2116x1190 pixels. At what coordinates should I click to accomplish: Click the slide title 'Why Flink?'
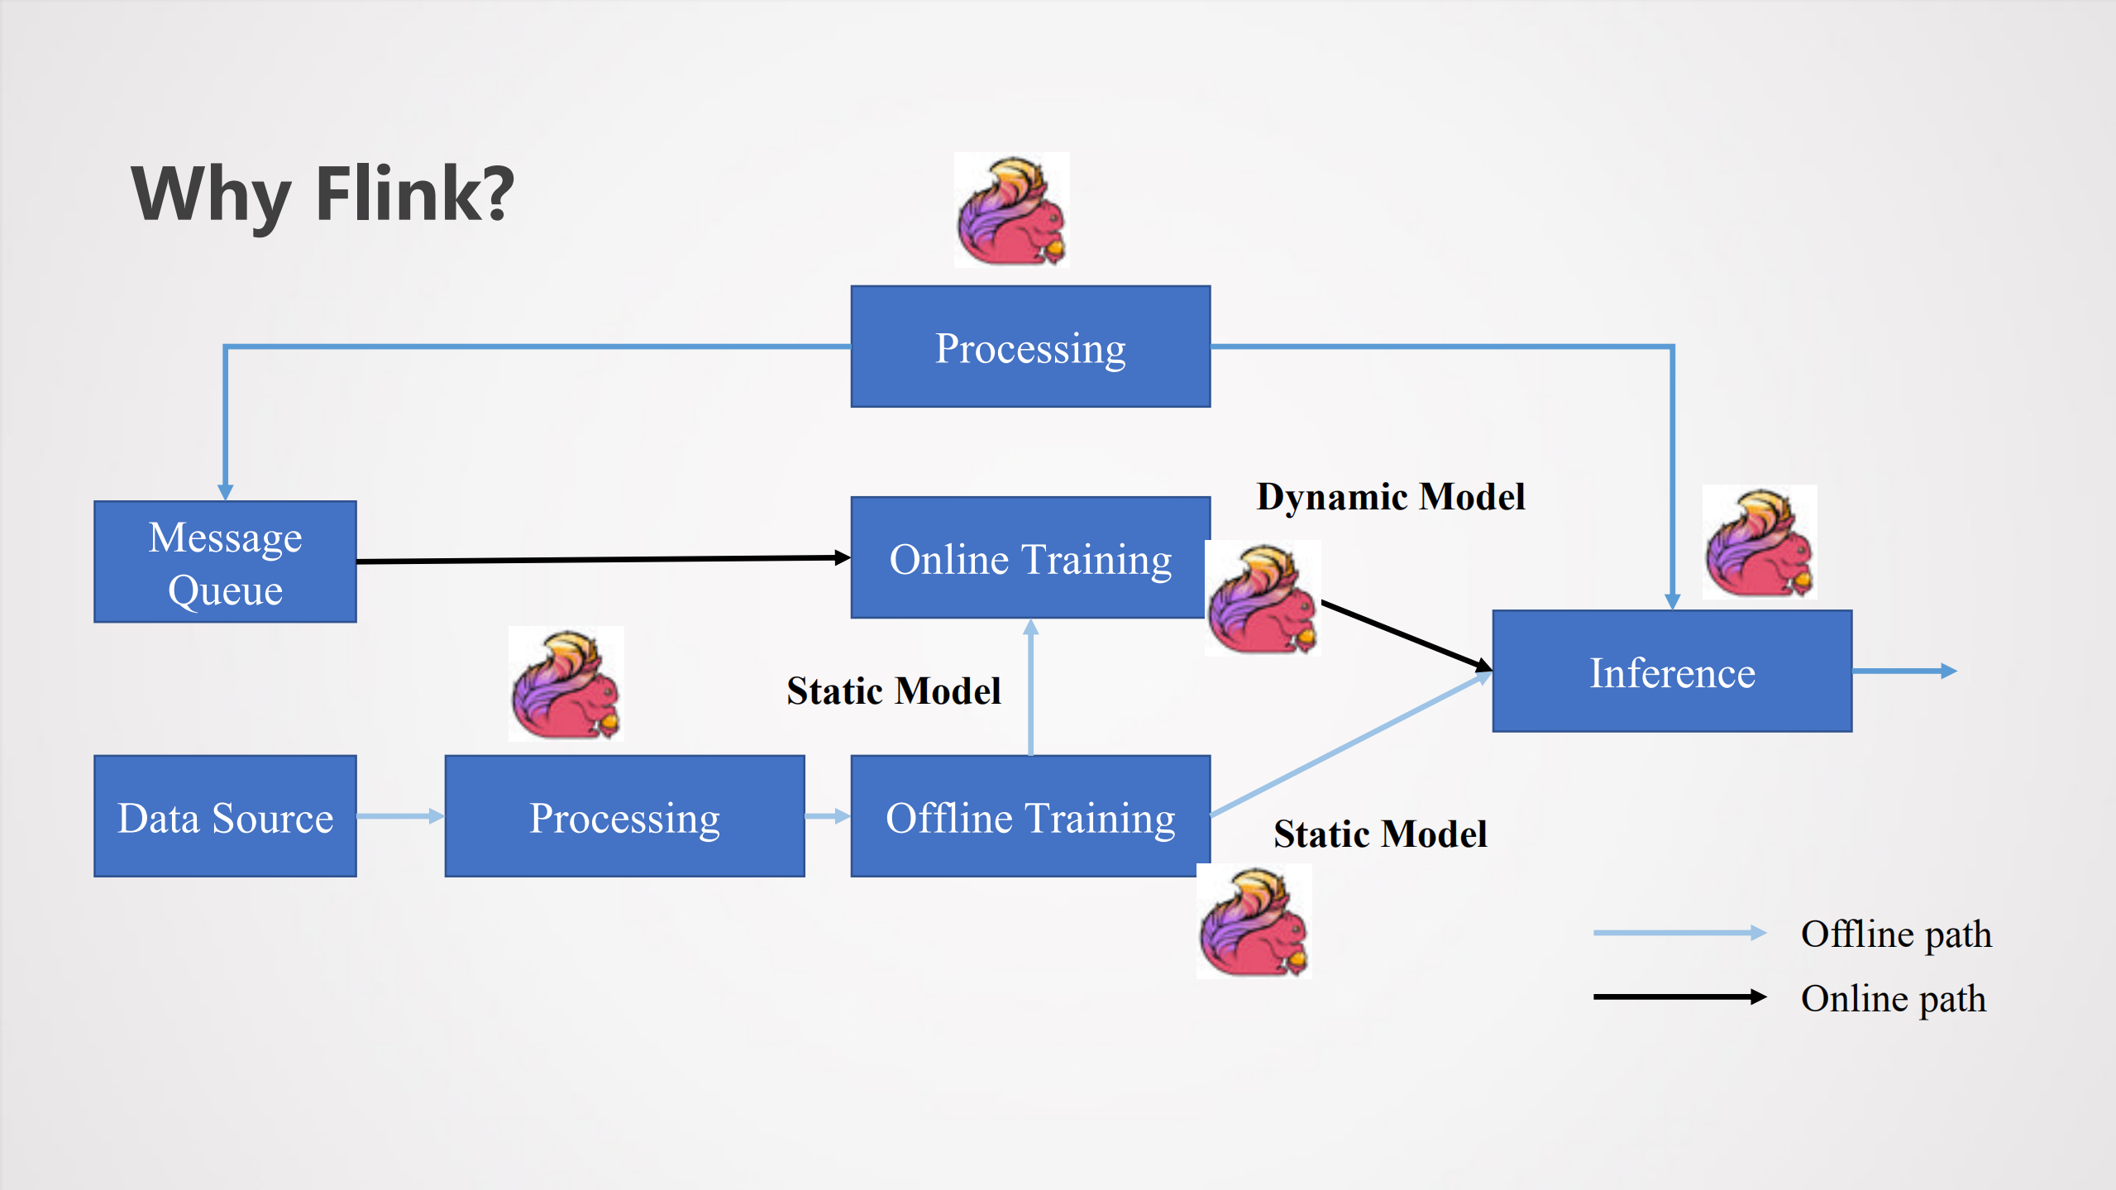[322, 194]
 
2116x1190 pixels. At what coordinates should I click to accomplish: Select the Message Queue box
[225, 562]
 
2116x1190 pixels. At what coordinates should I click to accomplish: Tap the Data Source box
[225, 816]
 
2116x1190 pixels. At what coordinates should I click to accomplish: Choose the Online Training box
[1029, 558]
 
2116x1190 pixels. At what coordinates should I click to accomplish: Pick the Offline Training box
[1029, 816]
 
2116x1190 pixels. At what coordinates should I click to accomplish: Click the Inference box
[1671, 671]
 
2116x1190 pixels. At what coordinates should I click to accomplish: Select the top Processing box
[1029, 346]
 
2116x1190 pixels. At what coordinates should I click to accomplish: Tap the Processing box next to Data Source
[624, 816]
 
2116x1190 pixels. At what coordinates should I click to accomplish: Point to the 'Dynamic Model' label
[1390, 496]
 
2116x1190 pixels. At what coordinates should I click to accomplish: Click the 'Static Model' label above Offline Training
[893, 691]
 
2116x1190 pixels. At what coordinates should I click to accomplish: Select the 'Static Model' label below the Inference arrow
[1380, 834]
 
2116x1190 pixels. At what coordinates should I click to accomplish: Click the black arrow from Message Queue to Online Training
[604, 560]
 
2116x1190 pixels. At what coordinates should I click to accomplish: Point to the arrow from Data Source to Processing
[400, 816]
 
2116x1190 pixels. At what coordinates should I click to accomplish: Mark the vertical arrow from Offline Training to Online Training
[1030, 686]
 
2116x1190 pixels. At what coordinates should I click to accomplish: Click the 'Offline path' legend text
[1895, 934]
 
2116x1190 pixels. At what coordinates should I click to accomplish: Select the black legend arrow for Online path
[1679, 996]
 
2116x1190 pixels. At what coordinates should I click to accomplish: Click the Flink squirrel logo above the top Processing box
[1011, 210]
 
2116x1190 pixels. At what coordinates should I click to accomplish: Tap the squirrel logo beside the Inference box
[1759, 542]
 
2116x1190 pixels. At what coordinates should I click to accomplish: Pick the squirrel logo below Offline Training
[1254, 921]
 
